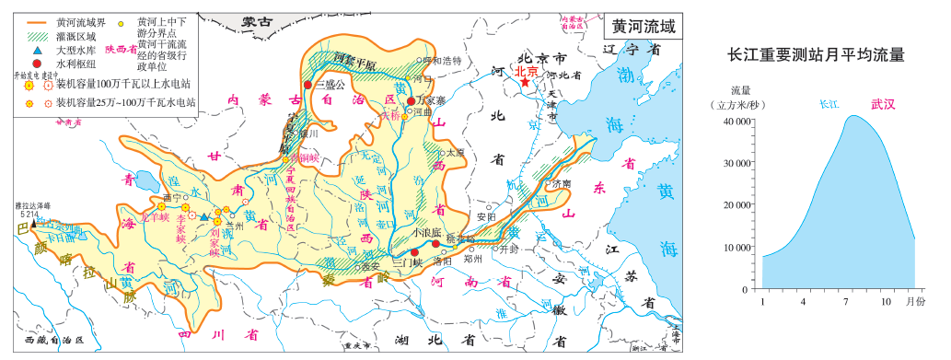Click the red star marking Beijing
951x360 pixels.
pyautogui.click(x=525, y=82)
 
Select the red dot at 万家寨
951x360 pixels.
pyautogui.click(x=412, y=89)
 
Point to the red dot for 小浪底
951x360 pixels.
pyautogui.click(x=435, y=244)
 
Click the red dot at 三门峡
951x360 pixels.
pyautogui.click(x=414, y=252)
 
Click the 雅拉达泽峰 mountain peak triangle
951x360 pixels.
pyautogui.click(x=35, y=222)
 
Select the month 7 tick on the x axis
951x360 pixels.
pyautogui.click(x=845, y=302)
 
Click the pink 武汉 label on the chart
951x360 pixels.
pyautogui.click(x=882, y=104)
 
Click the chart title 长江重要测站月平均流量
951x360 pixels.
pyautogui.click(x=816, y=55)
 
